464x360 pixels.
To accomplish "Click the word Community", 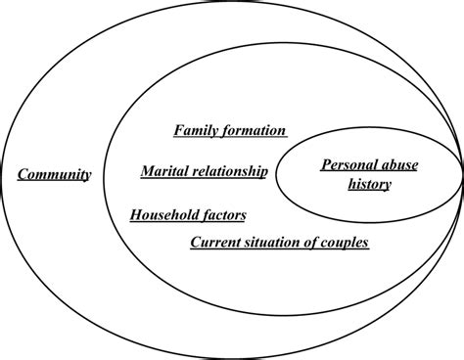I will [55, 175].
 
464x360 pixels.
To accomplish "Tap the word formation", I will [255, 130].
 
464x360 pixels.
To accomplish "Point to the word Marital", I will [164, 172].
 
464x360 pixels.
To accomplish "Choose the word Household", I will [164, 214].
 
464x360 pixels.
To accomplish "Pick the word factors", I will [224, 214].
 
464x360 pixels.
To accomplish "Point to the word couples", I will [349, 242].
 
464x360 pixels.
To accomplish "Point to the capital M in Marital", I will [146, 172].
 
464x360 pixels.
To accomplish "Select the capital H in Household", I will [135, 214].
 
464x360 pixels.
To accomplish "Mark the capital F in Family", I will [179, 130].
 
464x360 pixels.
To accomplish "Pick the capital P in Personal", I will [326, 165].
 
